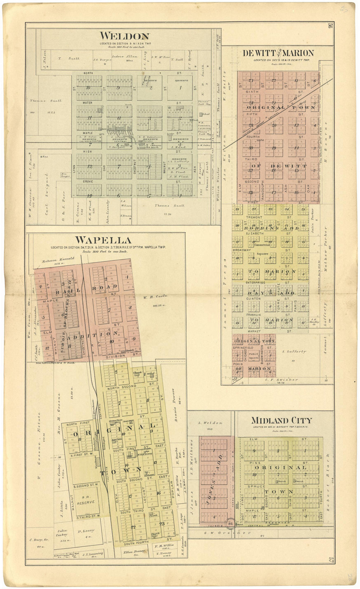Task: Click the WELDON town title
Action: [x=124, y=36]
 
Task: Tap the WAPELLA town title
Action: [x=103, y=240]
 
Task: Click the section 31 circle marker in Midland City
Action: [x=230, y=524]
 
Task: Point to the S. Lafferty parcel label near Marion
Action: [x=294, y=352]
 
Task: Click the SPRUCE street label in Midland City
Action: [x=256, y=486]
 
